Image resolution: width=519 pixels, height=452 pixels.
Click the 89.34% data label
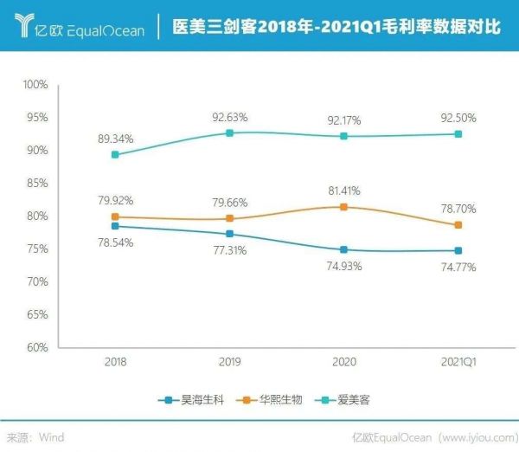point(115,136)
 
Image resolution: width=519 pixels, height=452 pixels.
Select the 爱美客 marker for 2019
point(229,132)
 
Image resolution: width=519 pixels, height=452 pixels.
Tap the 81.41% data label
point(343,190)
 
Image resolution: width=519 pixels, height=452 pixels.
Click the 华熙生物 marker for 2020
point(343,207)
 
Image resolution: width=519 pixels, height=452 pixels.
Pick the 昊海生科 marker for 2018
point(115,226)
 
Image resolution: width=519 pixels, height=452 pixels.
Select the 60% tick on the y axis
point(37,348)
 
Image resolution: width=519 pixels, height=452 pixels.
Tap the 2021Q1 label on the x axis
point(458,361)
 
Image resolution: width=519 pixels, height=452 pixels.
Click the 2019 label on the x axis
point(229,361)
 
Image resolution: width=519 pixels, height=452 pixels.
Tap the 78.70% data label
point(458,209)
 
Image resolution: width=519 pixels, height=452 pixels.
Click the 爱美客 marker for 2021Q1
point(458,134)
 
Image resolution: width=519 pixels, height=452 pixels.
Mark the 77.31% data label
point(229,250)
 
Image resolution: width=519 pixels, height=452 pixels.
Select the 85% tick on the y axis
point(37,184)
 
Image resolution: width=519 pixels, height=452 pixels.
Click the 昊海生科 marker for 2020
point(343,249)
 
